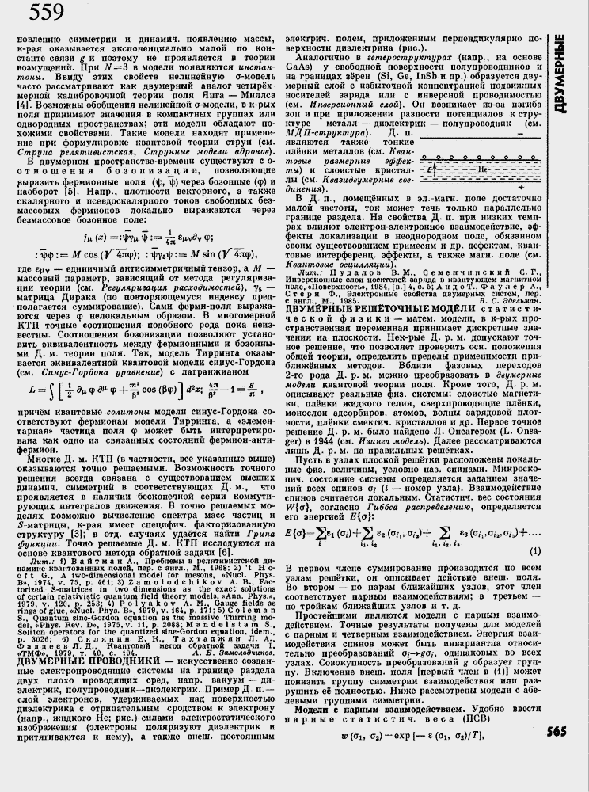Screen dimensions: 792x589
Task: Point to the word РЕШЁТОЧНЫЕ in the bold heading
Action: pyautogui.click(x=384, y=309)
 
